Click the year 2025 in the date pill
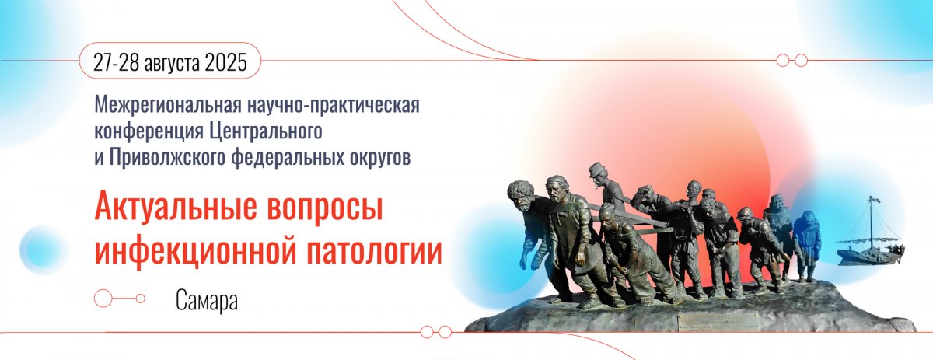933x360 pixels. click(x=226, y=61)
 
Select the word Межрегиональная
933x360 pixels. click(x=168, y=106)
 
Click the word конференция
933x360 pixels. click(x=149, y=131)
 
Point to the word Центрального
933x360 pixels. click(x=265, y=131)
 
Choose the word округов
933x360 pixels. click(x=380, y=159)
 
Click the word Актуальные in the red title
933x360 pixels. click(x=176, y=208)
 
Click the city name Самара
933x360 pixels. click(x=207, y=300)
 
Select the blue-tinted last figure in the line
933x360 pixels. click(x=806, y=245)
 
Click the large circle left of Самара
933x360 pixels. click(x=103, y=299)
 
